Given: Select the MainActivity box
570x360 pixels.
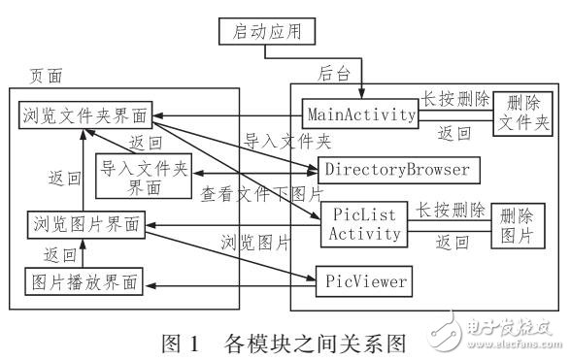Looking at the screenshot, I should [358, 114].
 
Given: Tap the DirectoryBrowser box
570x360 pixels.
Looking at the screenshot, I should [398, 170].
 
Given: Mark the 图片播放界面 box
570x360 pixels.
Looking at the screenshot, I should [84, 282].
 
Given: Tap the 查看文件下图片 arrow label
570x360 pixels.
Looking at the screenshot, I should [259, 193].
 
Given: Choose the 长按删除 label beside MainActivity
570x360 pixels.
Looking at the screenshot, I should [454, 99].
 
